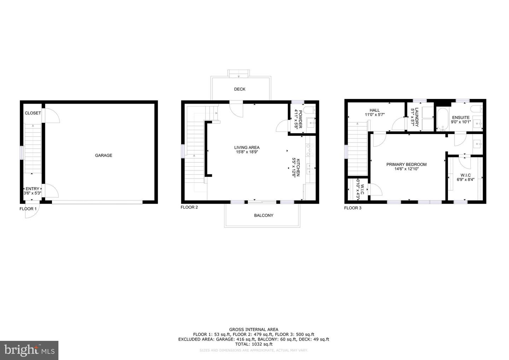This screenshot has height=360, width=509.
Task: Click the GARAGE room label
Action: pos(104,155)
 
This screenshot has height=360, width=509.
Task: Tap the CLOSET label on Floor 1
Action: pos(33,113)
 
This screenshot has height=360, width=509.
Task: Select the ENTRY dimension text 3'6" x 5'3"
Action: pos(33,193)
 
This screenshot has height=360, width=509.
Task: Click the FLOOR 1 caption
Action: pos(28,209)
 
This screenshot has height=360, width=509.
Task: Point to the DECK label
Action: pos(240,89)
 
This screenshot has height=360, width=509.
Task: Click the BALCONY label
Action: pos(264,215)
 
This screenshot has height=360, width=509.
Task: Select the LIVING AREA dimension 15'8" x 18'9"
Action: pos(247,152)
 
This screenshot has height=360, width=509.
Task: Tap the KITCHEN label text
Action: pos(298,167)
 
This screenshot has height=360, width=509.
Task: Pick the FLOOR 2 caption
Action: pos(189,207)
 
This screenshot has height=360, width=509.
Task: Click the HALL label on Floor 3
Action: pos(375,110)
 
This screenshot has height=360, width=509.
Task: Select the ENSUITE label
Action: pos(461,117)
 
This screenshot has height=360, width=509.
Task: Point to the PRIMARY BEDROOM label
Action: pos(406,164)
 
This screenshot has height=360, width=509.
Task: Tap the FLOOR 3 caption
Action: pos(353,208)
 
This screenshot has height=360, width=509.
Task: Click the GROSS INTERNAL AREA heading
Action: pos(254,329)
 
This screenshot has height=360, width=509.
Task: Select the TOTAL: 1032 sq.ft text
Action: pos(254,344)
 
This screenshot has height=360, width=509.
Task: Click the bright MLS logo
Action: pos(29,350)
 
